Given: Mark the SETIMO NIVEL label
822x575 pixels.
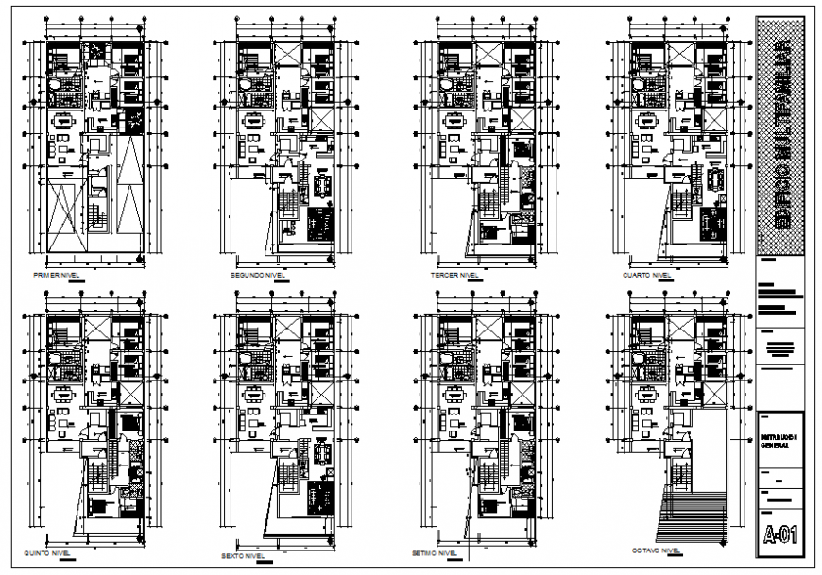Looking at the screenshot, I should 436,553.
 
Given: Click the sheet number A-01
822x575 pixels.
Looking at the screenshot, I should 780,535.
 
